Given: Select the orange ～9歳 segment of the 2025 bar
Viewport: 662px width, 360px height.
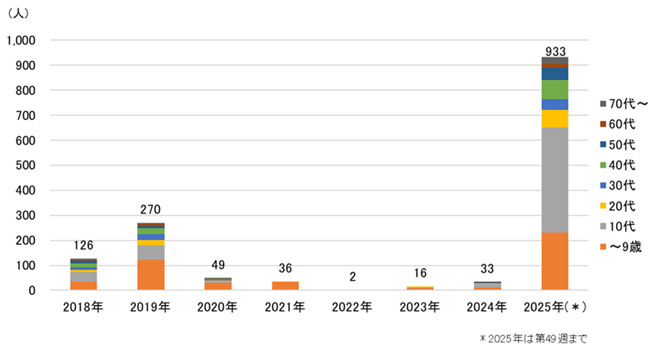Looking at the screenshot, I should click(x=555, y=261).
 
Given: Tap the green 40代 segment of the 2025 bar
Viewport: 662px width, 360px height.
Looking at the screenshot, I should click(x=555, y=89).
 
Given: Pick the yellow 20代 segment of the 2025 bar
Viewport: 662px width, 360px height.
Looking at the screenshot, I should click(x=555, y=118).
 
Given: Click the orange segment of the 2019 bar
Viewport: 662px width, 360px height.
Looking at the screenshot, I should click(x=151, y=275).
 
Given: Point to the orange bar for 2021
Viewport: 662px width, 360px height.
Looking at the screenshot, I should click(x=286, y=286).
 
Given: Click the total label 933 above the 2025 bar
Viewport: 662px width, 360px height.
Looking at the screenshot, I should click(x=555, y=51).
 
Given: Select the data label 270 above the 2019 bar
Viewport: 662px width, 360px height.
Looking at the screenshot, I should click(x=151, y=210).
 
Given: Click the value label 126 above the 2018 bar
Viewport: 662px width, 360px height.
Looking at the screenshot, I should click(x=83, y=246).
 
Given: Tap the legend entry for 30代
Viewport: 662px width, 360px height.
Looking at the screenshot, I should click(x=621, y=185).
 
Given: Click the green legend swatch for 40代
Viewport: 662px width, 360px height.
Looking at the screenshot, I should click(x=603, y=165).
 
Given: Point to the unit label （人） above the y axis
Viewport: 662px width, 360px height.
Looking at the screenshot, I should click(x=20, y=14).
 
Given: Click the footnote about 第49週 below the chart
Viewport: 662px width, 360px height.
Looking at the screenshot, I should click(x=533, y=339).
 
